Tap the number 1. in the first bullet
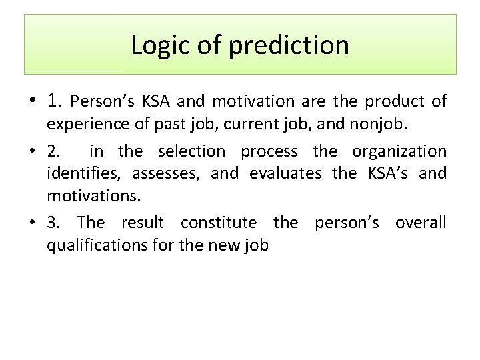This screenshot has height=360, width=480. click(55, 101)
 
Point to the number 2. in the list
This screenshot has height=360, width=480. click(53, 151)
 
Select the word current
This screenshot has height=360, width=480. click(231, 124)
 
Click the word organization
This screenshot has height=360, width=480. click(399, 151)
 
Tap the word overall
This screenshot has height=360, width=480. click(421, 222)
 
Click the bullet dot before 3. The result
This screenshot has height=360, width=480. click(33, 223)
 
